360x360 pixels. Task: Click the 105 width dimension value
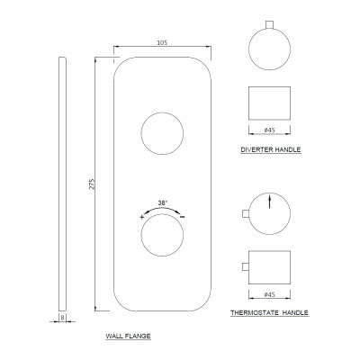point(162,42)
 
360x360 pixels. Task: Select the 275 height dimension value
point(92,184)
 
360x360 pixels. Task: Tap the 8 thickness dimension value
point(62,318)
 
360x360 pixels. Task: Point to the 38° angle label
point(163,203)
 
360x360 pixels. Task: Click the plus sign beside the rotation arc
point(142,217)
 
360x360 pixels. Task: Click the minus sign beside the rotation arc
point(183,217)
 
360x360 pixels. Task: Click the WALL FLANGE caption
point(128,336)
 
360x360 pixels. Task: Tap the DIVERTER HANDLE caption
point(271,149)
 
